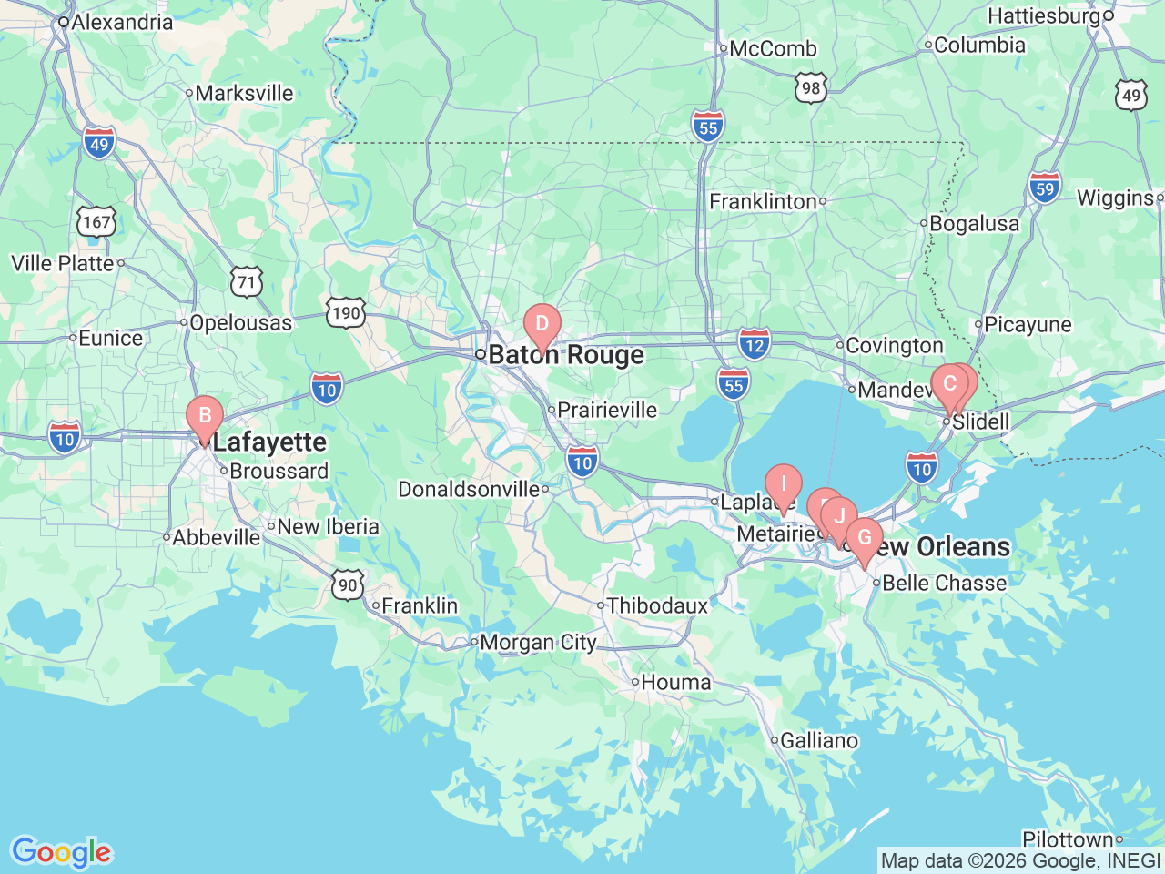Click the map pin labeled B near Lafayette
205,417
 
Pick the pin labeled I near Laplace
783,484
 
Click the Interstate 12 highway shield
754,345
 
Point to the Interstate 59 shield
1045,188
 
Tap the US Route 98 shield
811,88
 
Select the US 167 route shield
96,222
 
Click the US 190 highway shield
346,313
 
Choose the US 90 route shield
348,584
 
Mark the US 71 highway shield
246,281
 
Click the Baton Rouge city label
566,355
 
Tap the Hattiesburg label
1044,16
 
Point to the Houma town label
675,682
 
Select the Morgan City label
538,643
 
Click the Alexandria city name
122,22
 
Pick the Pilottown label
1068,839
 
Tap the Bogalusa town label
974,223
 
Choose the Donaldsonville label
469,490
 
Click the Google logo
61,853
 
